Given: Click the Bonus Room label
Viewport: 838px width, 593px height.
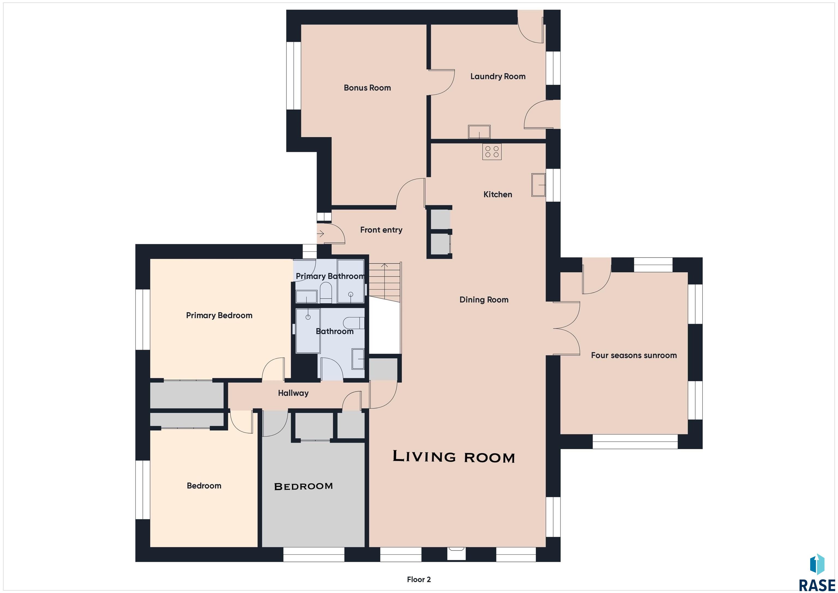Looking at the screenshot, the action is pos(367,88).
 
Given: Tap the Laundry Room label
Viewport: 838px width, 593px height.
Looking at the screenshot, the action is pos(498,77).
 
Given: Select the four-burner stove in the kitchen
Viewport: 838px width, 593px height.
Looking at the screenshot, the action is pos(492,151).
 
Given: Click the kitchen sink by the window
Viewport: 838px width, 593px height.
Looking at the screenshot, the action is pos(538,185).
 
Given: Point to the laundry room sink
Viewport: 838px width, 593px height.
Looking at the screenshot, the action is pos(479,132).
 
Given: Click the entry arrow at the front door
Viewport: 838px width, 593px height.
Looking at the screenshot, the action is pos(321,233).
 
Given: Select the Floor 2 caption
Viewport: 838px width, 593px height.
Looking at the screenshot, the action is pos(419,579).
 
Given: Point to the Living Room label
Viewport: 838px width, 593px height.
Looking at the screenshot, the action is pos(454,457).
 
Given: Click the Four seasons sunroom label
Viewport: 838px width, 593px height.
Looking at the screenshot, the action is pos(634,355).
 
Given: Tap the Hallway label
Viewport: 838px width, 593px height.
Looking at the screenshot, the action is pos(293,393).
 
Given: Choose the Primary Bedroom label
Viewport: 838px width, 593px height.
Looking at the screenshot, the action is pos(219,315).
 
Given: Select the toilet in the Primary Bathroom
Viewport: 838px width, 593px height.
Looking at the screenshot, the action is pos(325,293).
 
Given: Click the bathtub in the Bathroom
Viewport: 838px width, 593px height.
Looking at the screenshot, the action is pos(308,331).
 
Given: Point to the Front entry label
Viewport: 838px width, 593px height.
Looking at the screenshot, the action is pos(381,230).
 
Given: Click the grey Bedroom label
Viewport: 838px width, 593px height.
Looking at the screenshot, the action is pos(303,486).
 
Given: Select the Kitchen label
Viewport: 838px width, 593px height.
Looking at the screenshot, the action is pos(498,195).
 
